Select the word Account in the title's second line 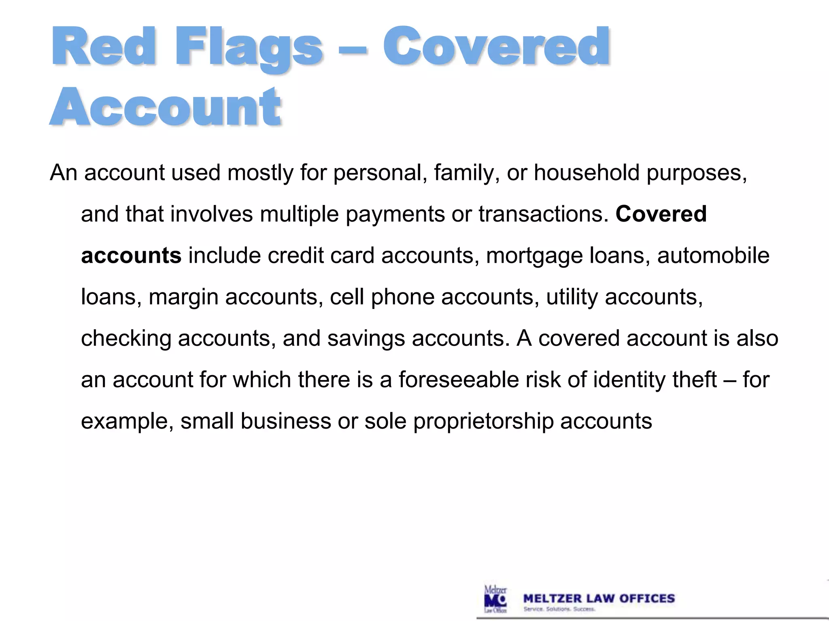tap(165, 107)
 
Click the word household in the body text tap(587, 173)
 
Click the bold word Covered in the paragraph tap(661, 214)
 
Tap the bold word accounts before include tap(131, 256)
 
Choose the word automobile tap(713, 256)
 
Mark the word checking tap(126, 339)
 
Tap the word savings tap(366, 339)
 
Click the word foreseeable tap(458, 380)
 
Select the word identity tap(629, 380)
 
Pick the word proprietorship tap(483, 422)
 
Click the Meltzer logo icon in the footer tap(495, 599)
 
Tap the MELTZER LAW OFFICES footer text tap(599, 598)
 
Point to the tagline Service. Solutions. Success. tap(559, 609)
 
